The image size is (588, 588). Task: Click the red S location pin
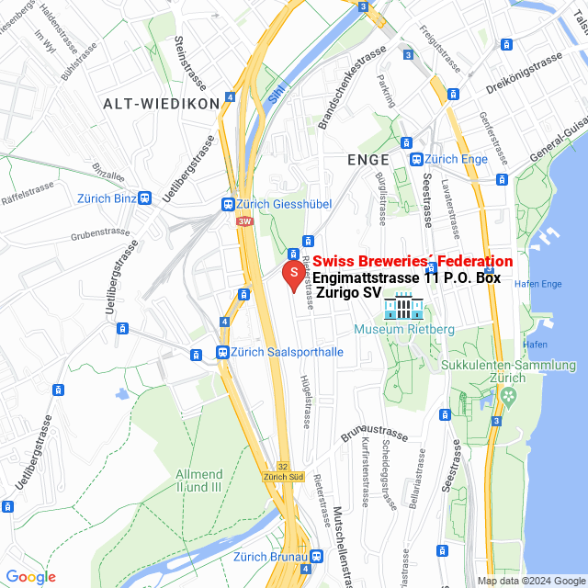pyautogui.click(x=293, y=274)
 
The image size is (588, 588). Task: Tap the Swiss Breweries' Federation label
pyautogui.click(x=413, y=261)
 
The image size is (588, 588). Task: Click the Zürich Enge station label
pyautogui.click(x=456, y=159)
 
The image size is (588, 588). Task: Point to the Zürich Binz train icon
pyautogui.click(x=144, y=198)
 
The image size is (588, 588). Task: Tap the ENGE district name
pyautogui.click(x=368, y=159)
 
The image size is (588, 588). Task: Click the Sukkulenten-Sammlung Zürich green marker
pyautogui.click(x=506, y=395)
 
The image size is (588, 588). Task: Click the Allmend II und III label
pyautogui.click(x=198, y=480)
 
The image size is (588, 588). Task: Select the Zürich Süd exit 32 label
pyautogui.click(x=283, y=476)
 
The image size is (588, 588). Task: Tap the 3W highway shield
pyautogui.click(x=243, y=221)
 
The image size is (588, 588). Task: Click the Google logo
pyautogui.click(x=30, y=577)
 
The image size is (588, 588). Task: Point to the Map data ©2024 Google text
pyautogui.click(x=530, y=581)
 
